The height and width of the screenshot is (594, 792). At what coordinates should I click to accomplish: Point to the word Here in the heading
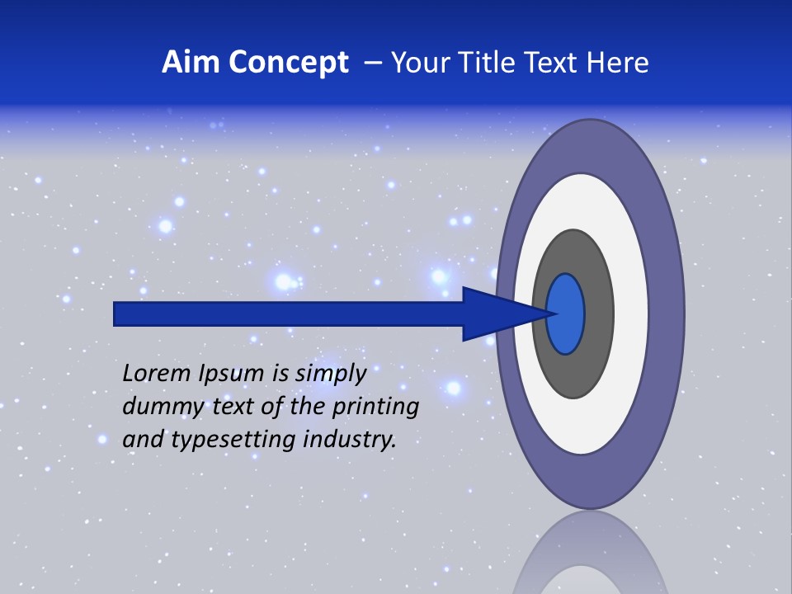(x=618, y=63)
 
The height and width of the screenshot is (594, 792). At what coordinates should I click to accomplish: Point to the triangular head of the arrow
(x=495, y=313)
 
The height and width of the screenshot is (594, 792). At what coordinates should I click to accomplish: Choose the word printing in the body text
(x=375, y=408)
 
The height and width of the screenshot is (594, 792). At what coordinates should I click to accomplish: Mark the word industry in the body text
(x=349, y=441)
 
